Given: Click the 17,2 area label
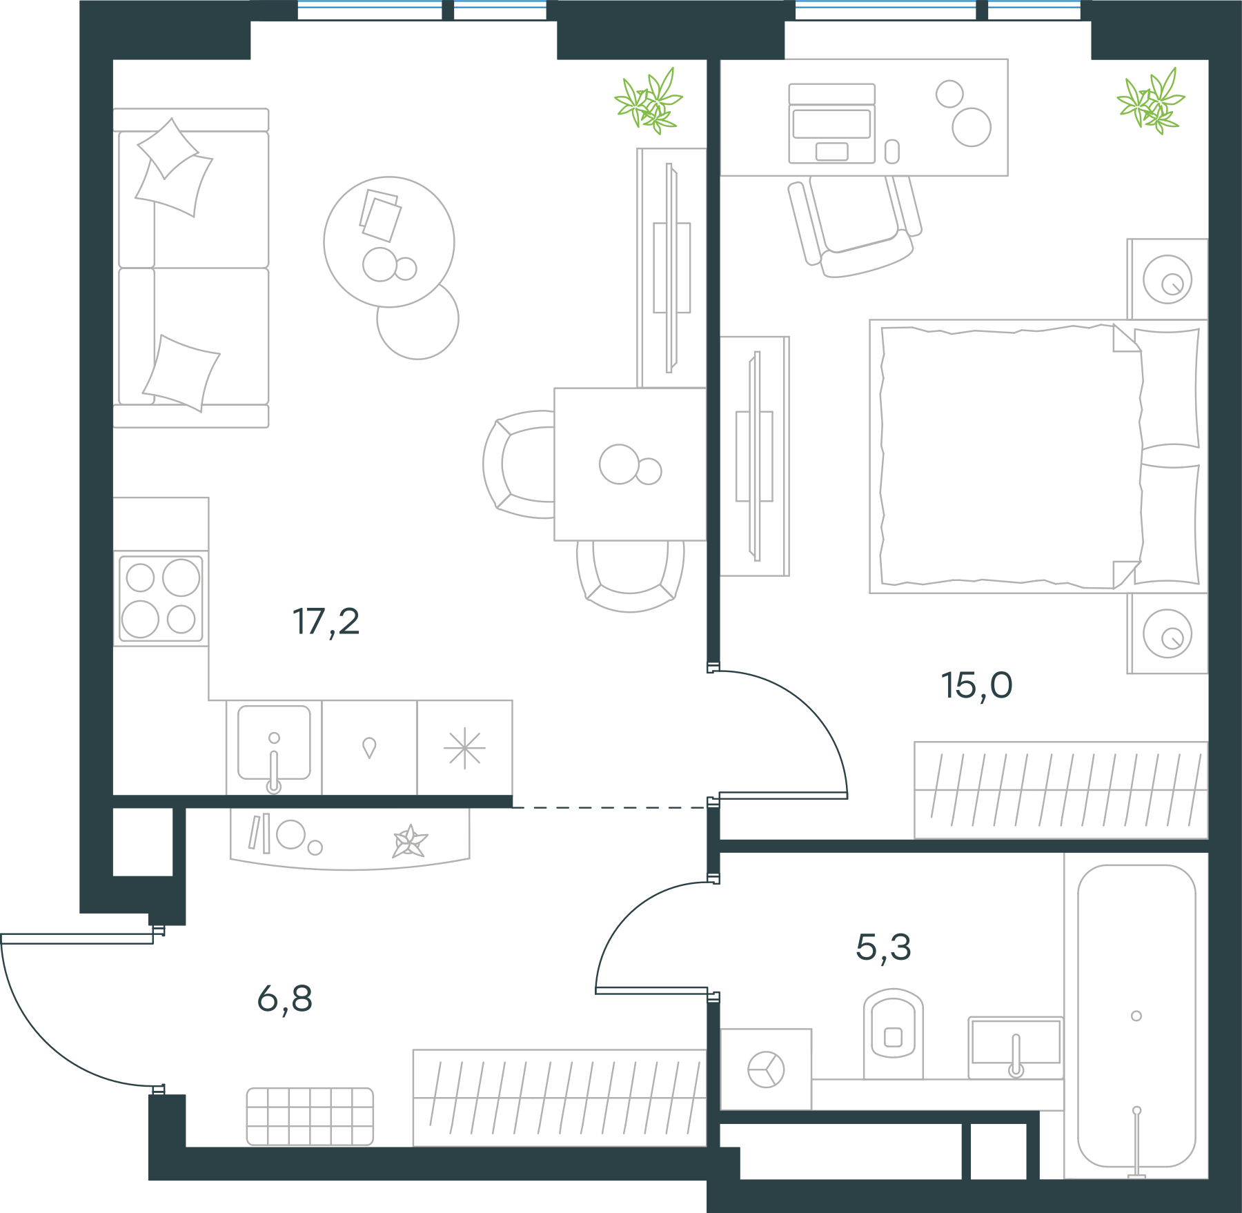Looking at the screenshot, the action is [326, 622].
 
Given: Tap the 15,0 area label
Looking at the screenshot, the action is [977, 685].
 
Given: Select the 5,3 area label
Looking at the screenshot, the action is [883, 947].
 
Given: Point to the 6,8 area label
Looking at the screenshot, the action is [284, 998].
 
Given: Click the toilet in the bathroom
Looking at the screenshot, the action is [893, 1034].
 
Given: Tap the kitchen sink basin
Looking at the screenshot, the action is [274, 742].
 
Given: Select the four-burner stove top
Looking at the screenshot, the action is [161, 598].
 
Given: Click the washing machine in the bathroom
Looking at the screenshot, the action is [766, 1069].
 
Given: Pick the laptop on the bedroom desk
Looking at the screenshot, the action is [832, 124].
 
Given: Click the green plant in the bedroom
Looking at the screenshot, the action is [1151, 101].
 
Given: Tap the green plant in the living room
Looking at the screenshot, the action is [649, 101].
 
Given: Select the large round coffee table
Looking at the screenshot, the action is [389, 242].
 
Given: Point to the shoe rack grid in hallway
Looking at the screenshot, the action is [310, 1116].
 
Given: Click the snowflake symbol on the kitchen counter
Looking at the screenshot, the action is [464, 749].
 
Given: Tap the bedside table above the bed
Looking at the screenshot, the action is [1167, 279].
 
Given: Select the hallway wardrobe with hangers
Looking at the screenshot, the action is [560, 1098].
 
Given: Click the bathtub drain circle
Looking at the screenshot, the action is [1136, 1016].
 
